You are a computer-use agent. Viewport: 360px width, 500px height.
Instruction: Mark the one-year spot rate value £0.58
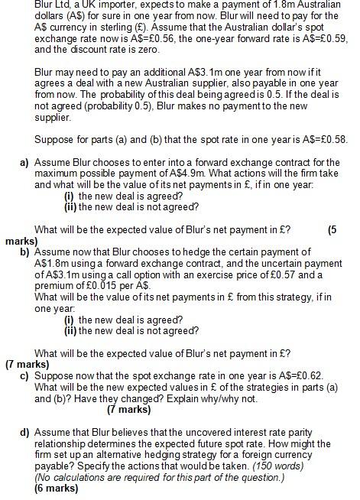pos(334,140)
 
